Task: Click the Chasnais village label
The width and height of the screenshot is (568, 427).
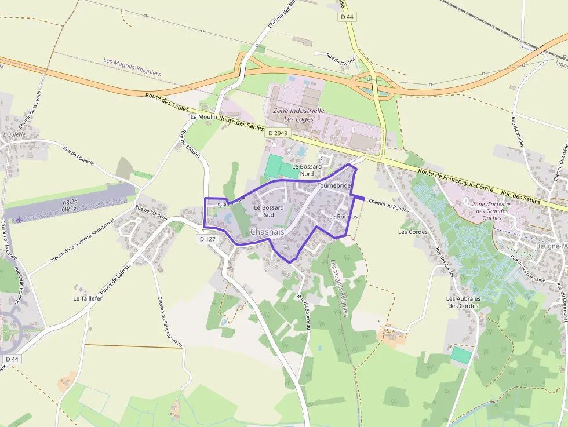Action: (x=267, y=232)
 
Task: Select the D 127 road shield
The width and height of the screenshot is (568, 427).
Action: (x=207, y=239)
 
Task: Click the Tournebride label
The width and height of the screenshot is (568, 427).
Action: (x=334, y=185)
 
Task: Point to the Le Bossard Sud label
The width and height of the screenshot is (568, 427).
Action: (x=268, y=211)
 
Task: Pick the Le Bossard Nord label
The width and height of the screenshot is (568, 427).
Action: (x=307, y=170)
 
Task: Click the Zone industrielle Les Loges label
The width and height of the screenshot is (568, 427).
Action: (x=298, y=115)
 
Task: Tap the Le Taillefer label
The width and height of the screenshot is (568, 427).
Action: (x=88, y=298)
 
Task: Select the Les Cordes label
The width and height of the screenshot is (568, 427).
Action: (x=413, y=232)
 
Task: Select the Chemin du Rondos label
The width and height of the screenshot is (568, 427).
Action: (x=388, y=206)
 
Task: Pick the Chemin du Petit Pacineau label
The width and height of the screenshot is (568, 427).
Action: (x=170, y=322)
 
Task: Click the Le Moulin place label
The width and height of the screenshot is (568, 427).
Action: (x=203, y=116)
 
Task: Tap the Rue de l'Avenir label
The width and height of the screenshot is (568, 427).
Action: (x=340, y=59)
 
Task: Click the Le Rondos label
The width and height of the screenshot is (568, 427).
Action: (x=344, y=216)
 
